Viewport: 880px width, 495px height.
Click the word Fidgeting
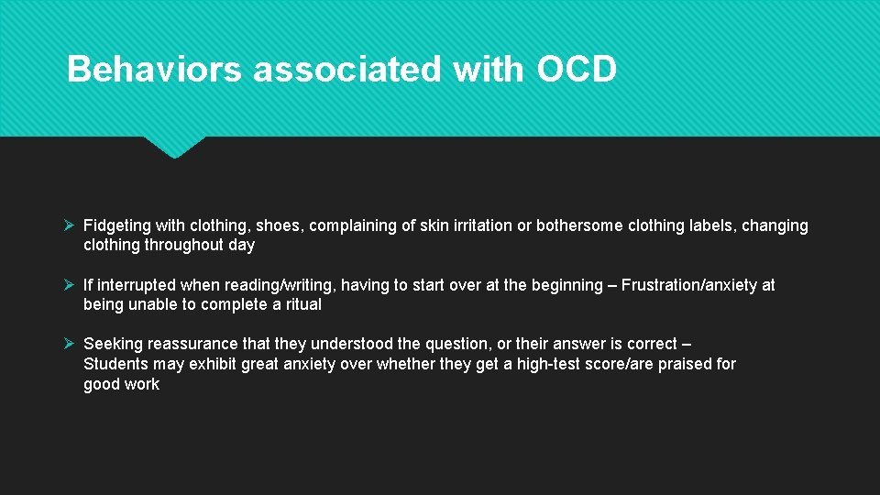pos(117,225)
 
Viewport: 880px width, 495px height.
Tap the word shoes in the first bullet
pos(279,225)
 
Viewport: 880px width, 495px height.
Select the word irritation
pos(477,225)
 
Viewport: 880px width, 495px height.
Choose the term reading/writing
pos(273,285)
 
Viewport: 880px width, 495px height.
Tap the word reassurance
pos(190,344)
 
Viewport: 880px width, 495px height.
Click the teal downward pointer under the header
pos(174,147)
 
